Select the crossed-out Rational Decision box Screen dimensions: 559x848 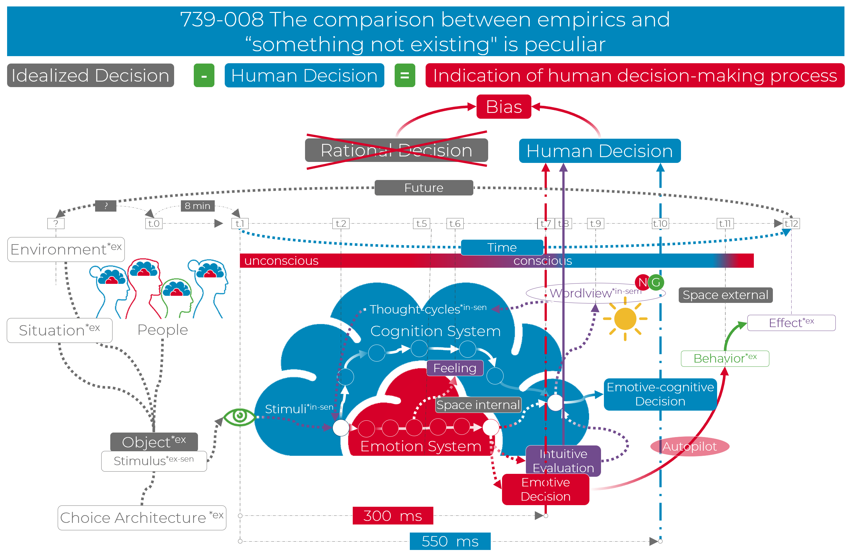(396, 150)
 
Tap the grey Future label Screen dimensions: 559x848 (424, 187)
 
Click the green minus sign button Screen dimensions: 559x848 (204, 75)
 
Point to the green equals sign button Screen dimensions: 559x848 (404, 75)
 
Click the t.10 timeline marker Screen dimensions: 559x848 (660, 224)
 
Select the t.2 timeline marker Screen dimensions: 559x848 (340, 224)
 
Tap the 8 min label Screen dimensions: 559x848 (197, 206)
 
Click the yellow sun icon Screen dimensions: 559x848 (625, 319)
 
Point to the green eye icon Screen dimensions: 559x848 (240, 416)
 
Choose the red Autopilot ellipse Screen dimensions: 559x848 (689, 446)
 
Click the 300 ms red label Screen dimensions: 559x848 (393, 515)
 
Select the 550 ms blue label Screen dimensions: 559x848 (450, 541)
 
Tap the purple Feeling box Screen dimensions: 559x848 (455, 368)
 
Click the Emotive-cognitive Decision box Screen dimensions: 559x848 (660, 394)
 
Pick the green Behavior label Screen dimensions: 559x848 (725, 358)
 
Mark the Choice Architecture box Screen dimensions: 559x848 (142, 518)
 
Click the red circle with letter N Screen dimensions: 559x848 (642, 282)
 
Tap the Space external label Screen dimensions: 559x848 (725, 295)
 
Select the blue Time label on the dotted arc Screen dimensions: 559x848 (502, 247)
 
